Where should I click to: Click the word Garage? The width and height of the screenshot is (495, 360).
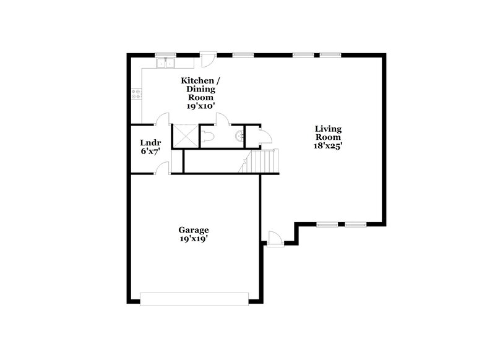[x=194, y=229]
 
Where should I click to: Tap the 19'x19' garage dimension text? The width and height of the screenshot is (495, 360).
[x=194, y=238]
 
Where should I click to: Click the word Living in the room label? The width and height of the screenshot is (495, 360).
[x=328, y=129]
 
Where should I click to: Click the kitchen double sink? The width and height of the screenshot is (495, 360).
[x=165, y=62]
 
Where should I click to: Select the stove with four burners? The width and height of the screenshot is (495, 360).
[x=136, y=94]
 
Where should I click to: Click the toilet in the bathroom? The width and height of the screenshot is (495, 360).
[x=208, y=135]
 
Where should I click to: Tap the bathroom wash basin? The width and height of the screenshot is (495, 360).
[x=239, y=135]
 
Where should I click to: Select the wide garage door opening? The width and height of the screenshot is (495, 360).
[x=194, y=299]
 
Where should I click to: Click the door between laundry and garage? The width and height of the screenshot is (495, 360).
[x=162, y=168]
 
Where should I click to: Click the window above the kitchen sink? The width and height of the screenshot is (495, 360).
[x=165, y=54]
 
